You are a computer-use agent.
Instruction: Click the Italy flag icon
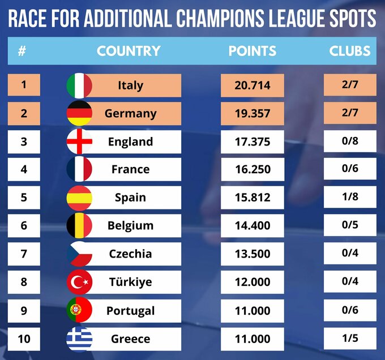79,85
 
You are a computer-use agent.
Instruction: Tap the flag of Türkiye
79,282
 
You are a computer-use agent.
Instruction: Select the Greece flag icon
79,338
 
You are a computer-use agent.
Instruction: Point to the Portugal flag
79,310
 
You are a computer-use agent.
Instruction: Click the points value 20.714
253,85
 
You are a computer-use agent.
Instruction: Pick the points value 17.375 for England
253,142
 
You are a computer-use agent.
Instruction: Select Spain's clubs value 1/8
349,198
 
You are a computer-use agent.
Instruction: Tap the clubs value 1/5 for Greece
349,338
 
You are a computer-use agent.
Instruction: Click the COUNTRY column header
129,51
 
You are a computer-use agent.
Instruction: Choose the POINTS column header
253,51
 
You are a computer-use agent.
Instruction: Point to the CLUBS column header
350,51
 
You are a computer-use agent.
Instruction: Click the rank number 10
24,338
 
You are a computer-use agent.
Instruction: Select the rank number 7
24,254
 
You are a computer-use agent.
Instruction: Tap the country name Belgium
130,226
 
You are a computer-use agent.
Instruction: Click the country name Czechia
130,254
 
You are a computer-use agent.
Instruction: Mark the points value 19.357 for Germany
253,113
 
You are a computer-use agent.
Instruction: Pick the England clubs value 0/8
349,142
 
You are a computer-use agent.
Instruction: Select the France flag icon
79,169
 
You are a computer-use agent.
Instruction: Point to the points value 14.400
253,226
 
